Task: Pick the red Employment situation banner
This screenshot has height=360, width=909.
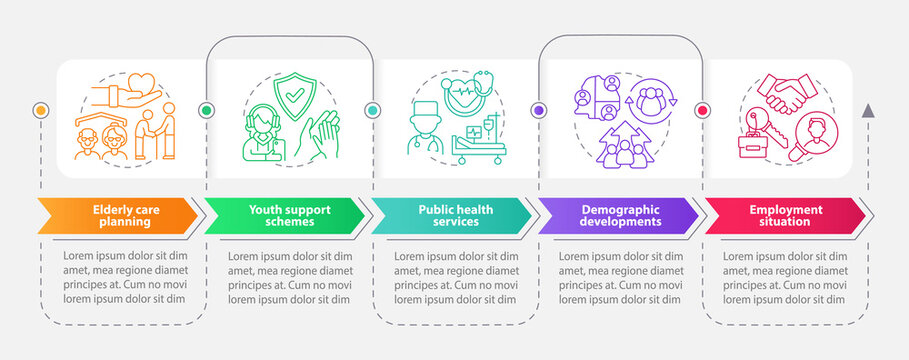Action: pos(783,216)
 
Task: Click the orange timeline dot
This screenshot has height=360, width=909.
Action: pos(41,109)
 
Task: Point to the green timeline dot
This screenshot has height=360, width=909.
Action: pos(207,109)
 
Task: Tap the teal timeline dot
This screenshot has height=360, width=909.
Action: pos(373,109)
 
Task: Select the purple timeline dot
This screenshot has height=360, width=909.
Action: pos(539,109)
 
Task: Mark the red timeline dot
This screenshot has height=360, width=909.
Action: pos(703,109)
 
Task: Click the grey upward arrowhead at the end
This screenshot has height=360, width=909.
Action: pos(868,109)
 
